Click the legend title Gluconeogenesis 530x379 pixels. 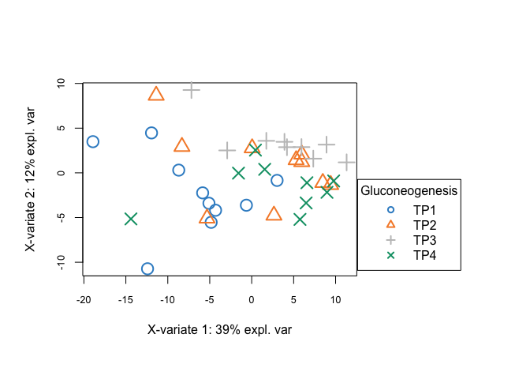(x=409, y=190)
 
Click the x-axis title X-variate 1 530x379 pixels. (x=219, y=329)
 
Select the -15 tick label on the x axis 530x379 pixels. (x=125, y=300)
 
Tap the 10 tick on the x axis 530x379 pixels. (x=335, y=300)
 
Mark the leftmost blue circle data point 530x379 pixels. (x=92, y=142)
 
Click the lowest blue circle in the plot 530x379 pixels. (x=147, y=269)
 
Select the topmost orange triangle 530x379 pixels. (x=156, y=94)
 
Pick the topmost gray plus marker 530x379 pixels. (x=191, y=90)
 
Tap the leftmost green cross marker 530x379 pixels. (x=131, y=219)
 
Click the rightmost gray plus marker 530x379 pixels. (x=347, y=162)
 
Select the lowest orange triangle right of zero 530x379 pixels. (x=274, y=214)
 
